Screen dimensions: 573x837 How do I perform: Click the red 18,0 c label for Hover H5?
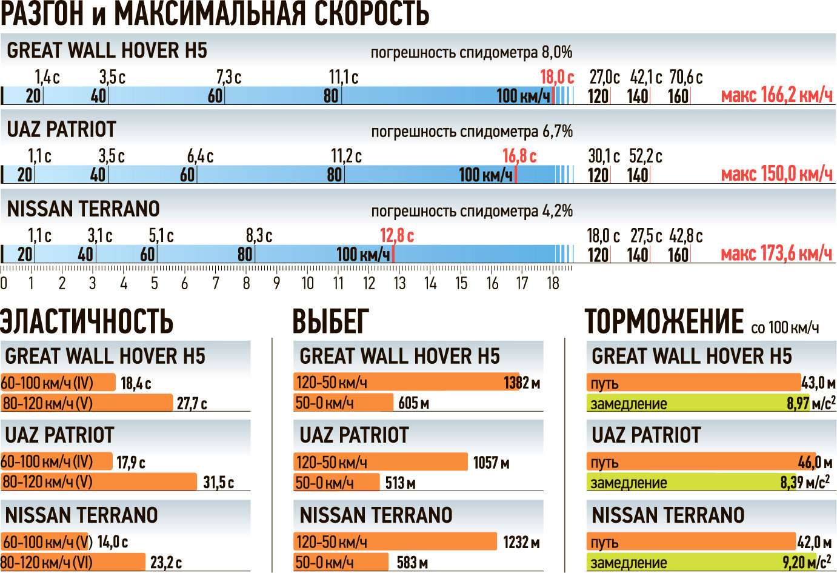(556, 78)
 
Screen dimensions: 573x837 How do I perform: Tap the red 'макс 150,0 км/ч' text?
(776, 175)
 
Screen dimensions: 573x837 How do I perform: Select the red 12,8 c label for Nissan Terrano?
(396, 236)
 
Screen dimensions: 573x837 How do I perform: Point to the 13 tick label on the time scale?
(399, 283)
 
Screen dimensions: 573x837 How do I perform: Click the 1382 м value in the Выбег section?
(522, 383)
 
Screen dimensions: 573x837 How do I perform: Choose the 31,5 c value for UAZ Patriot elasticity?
(218, 483)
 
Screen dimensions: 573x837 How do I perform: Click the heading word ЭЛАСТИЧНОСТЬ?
(87, 321)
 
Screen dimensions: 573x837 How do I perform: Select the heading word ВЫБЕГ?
(330, 321)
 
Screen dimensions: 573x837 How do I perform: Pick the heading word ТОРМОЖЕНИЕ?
(664, 321)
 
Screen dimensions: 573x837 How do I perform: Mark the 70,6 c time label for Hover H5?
(685, 78)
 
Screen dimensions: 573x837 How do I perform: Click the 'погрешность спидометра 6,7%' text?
(472, 132)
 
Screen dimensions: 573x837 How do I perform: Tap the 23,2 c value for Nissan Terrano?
(165, 563)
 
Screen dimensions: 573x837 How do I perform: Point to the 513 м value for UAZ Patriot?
(400, 483)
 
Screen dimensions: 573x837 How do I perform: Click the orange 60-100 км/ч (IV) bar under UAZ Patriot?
(56, 461)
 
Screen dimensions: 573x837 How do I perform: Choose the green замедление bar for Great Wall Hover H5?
(697, 403)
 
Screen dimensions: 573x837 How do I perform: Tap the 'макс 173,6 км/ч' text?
(776, 253)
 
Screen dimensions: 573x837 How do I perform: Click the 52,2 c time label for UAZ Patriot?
(645, 156)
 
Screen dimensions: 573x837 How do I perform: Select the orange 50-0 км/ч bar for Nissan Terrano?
(341, 562)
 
